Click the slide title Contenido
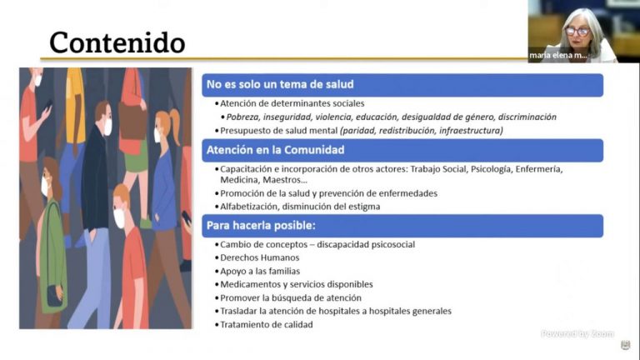click(x=117, y=42)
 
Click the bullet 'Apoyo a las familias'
click(x=261, y=271)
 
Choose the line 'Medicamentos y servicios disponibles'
click(x=297, y=284)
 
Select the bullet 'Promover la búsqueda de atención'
click(x=291, y=297)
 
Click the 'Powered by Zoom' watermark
click(x=577, y=333)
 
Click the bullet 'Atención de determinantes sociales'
click(x=292, y=103)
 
